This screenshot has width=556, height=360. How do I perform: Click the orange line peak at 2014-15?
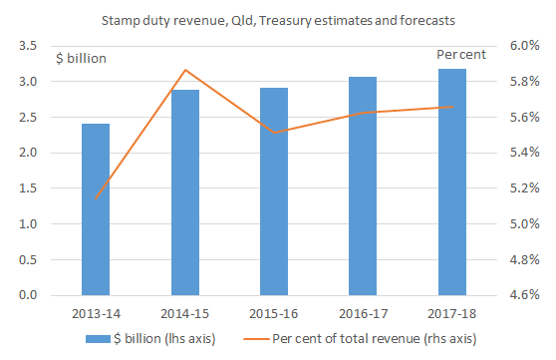(185, 70)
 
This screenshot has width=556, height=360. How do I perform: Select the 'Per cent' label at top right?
(460, 55)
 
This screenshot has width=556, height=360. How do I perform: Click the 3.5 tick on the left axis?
(28, 46)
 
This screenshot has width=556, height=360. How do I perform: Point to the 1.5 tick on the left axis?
(28, 188)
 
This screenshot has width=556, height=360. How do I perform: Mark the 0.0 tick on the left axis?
(28, 295)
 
